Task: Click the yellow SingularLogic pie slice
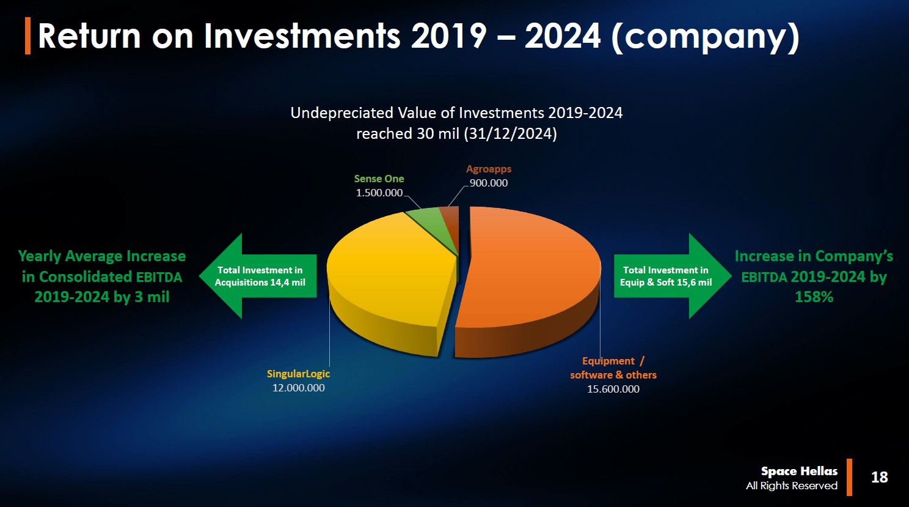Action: (x=390, y=280)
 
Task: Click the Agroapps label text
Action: (x=489, y=169)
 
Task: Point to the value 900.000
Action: (x=489, y=183)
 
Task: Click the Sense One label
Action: (x=379, y=179)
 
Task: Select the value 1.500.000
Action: (x=379, y=193)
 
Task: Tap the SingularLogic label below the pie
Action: (x=298, y=374)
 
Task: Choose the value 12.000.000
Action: (x=298, y=388)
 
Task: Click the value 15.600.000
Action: (x=613, y=389)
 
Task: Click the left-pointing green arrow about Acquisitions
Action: (x=258, y=276)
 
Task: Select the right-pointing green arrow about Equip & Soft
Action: (x=673, y=276)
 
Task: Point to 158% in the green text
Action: (x=814, y=297)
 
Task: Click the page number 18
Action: (x=880, y=477)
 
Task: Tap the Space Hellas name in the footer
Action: (x=799, y=472)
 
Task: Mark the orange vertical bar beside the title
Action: (x=27, y=35)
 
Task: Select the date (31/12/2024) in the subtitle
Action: (x=510, y=134)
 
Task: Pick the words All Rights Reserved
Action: (x=791, y=486)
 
